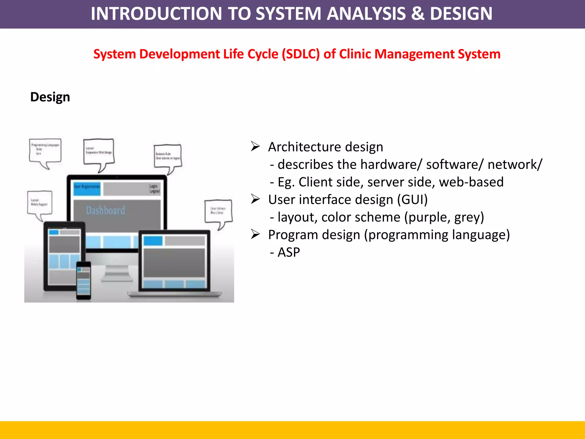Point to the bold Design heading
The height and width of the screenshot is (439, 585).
click(x=50, y=97)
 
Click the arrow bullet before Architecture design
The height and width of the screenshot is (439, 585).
click(x=255, y=146)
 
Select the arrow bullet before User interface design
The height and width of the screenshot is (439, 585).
click(x=255, y=199)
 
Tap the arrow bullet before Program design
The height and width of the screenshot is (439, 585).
click(x=255, y=234)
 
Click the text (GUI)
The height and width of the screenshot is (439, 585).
click(x=412, y=199)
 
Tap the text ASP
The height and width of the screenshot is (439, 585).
click(x=289, y=252)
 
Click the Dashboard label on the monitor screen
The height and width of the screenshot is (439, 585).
click(x=105, y=211)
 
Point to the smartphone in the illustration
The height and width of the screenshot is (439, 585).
click(x=84, y=280)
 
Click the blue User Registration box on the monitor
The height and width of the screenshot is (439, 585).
click(x=87, y=188)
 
